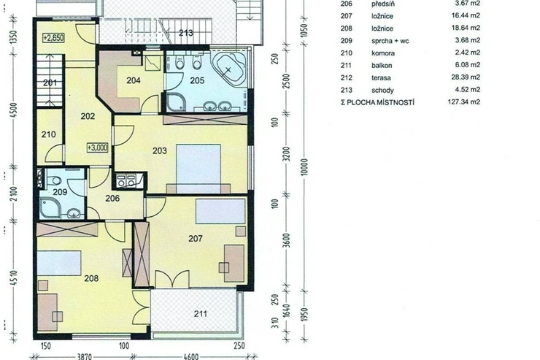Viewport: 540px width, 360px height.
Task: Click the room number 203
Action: pos(160,150)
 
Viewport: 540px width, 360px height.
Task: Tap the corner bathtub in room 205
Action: pos(228,69)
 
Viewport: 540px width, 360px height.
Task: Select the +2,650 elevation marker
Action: pos(54,37)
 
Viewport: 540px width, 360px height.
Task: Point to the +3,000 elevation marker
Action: pos(98,148)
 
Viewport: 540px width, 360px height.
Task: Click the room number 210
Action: pos(49,134)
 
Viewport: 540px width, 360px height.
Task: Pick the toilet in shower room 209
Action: pos(53,180)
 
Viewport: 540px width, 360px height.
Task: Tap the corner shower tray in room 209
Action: pos(50,209)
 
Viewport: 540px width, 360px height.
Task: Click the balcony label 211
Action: pos(201,314)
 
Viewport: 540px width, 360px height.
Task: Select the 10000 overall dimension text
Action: pos(304,167)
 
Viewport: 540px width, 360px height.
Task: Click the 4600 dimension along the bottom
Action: pos(190,356)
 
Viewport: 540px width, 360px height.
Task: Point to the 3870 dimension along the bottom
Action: pos(84,356)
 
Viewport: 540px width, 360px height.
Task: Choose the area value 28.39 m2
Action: pos(466,77)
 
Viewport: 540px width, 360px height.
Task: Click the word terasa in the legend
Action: pos(381,78)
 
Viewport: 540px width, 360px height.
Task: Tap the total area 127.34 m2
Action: pos(463,102)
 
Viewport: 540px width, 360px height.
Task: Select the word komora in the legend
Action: pos(383,53)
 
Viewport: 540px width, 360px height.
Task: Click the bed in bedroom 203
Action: pos(198,169)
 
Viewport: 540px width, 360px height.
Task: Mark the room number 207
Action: pos(196,238)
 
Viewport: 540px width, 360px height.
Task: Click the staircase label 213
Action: pos(186,33)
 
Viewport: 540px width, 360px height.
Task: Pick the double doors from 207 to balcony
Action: pos(172,280)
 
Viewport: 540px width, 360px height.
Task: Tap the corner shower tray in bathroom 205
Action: pos(176,102)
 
